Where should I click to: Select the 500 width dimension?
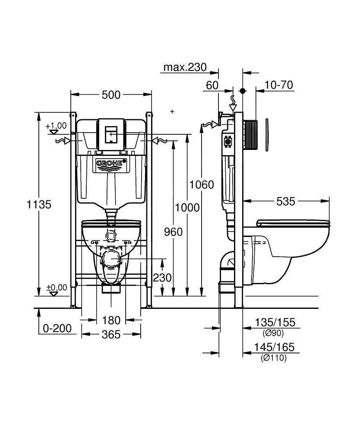tap(111, 95)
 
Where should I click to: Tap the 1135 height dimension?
tap(39, 204)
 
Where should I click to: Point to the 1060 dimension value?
tap(202, 185)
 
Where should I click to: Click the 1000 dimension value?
tap(187, 207)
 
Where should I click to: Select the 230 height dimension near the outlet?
tap(162, 277)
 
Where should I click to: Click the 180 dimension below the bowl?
tap(111, 321)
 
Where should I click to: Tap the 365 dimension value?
tap(111, 334)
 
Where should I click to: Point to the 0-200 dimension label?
tap(57, 329)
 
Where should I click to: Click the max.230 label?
tap(185, 67)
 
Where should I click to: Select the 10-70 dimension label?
tap(279, 85)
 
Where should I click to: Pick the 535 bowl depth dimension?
tap(285, 201)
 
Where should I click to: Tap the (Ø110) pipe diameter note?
tap(274, 358)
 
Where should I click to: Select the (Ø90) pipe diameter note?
tap(273, 333)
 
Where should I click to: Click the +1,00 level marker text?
tap(56, 126)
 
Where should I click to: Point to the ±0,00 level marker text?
tap(57, 287)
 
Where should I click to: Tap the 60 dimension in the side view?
tap(212, 85)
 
